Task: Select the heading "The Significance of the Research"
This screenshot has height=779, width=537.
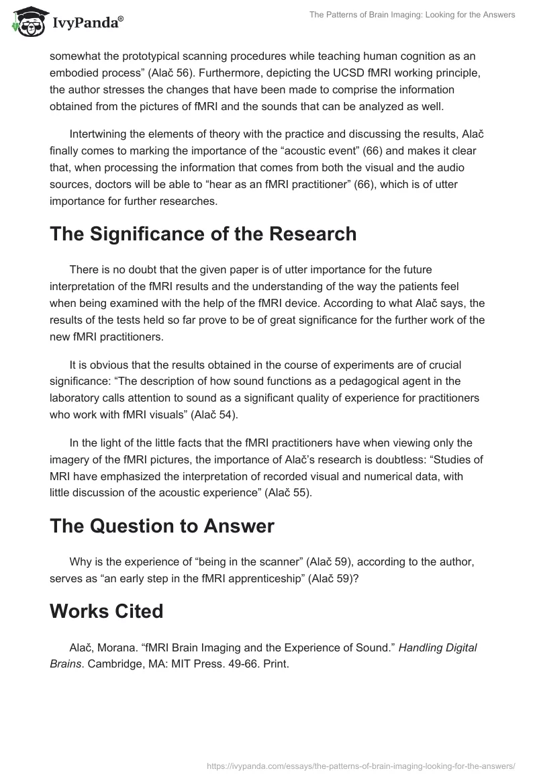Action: coord(203,234)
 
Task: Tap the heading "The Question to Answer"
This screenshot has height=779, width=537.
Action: coord(162,526)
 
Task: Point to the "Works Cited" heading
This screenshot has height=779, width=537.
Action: coord(106,611)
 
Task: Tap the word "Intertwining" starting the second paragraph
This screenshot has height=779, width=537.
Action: coord(101,133)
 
